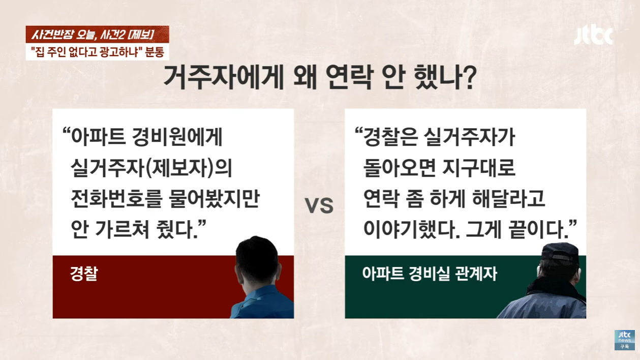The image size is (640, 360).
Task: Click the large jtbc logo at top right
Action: [x=594, y=37]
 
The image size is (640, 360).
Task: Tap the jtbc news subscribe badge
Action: [x=625, y=340]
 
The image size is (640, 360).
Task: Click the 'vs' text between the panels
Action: [x=319, y=205]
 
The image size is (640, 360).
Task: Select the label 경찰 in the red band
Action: [x=84, y=274]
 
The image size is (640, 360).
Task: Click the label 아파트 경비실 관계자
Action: [x=430, y=274]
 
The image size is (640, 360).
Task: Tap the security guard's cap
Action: [x=560, y=253]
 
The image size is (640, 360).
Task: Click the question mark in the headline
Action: [x=468, y=78]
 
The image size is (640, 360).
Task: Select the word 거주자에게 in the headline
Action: [x=224, y=78]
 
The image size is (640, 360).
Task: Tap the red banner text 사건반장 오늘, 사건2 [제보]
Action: [x=93, y=35]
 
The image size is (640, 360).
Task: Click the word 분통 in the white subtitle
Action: [x=155, y=52]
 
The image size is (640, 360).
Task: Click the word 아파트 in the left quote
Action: [x=99, y=137]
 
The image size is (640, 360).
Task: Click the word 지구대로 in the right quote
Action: [x=478, y=167]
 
